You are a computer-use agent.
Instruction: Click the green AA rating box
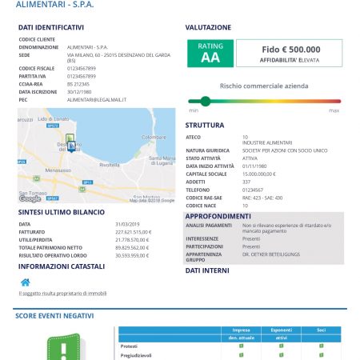pyautogui.click(x=210, y=54)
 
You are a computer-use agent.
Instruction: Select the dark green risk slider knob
pyautogui.click(x=206, y=101)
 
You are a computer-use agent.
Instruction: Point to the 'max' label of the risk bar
pyautogui.click(x=334, y=110)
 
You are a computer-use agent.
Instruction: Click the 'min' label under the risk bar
pyautogui.click(x=194, y=110)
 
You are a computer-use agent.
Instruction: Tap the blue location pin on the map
pyautogui.click(x=71, y=146)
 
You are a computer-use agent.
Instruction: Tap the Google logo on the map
pyautogui.click(x=30, y=198)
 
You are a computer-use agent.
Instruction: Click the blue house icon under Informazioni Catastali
pyautogui.click(x=25, y=282)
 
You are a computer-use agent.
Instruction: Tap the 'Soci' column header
pyautogui.click(x=320, y=330)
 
